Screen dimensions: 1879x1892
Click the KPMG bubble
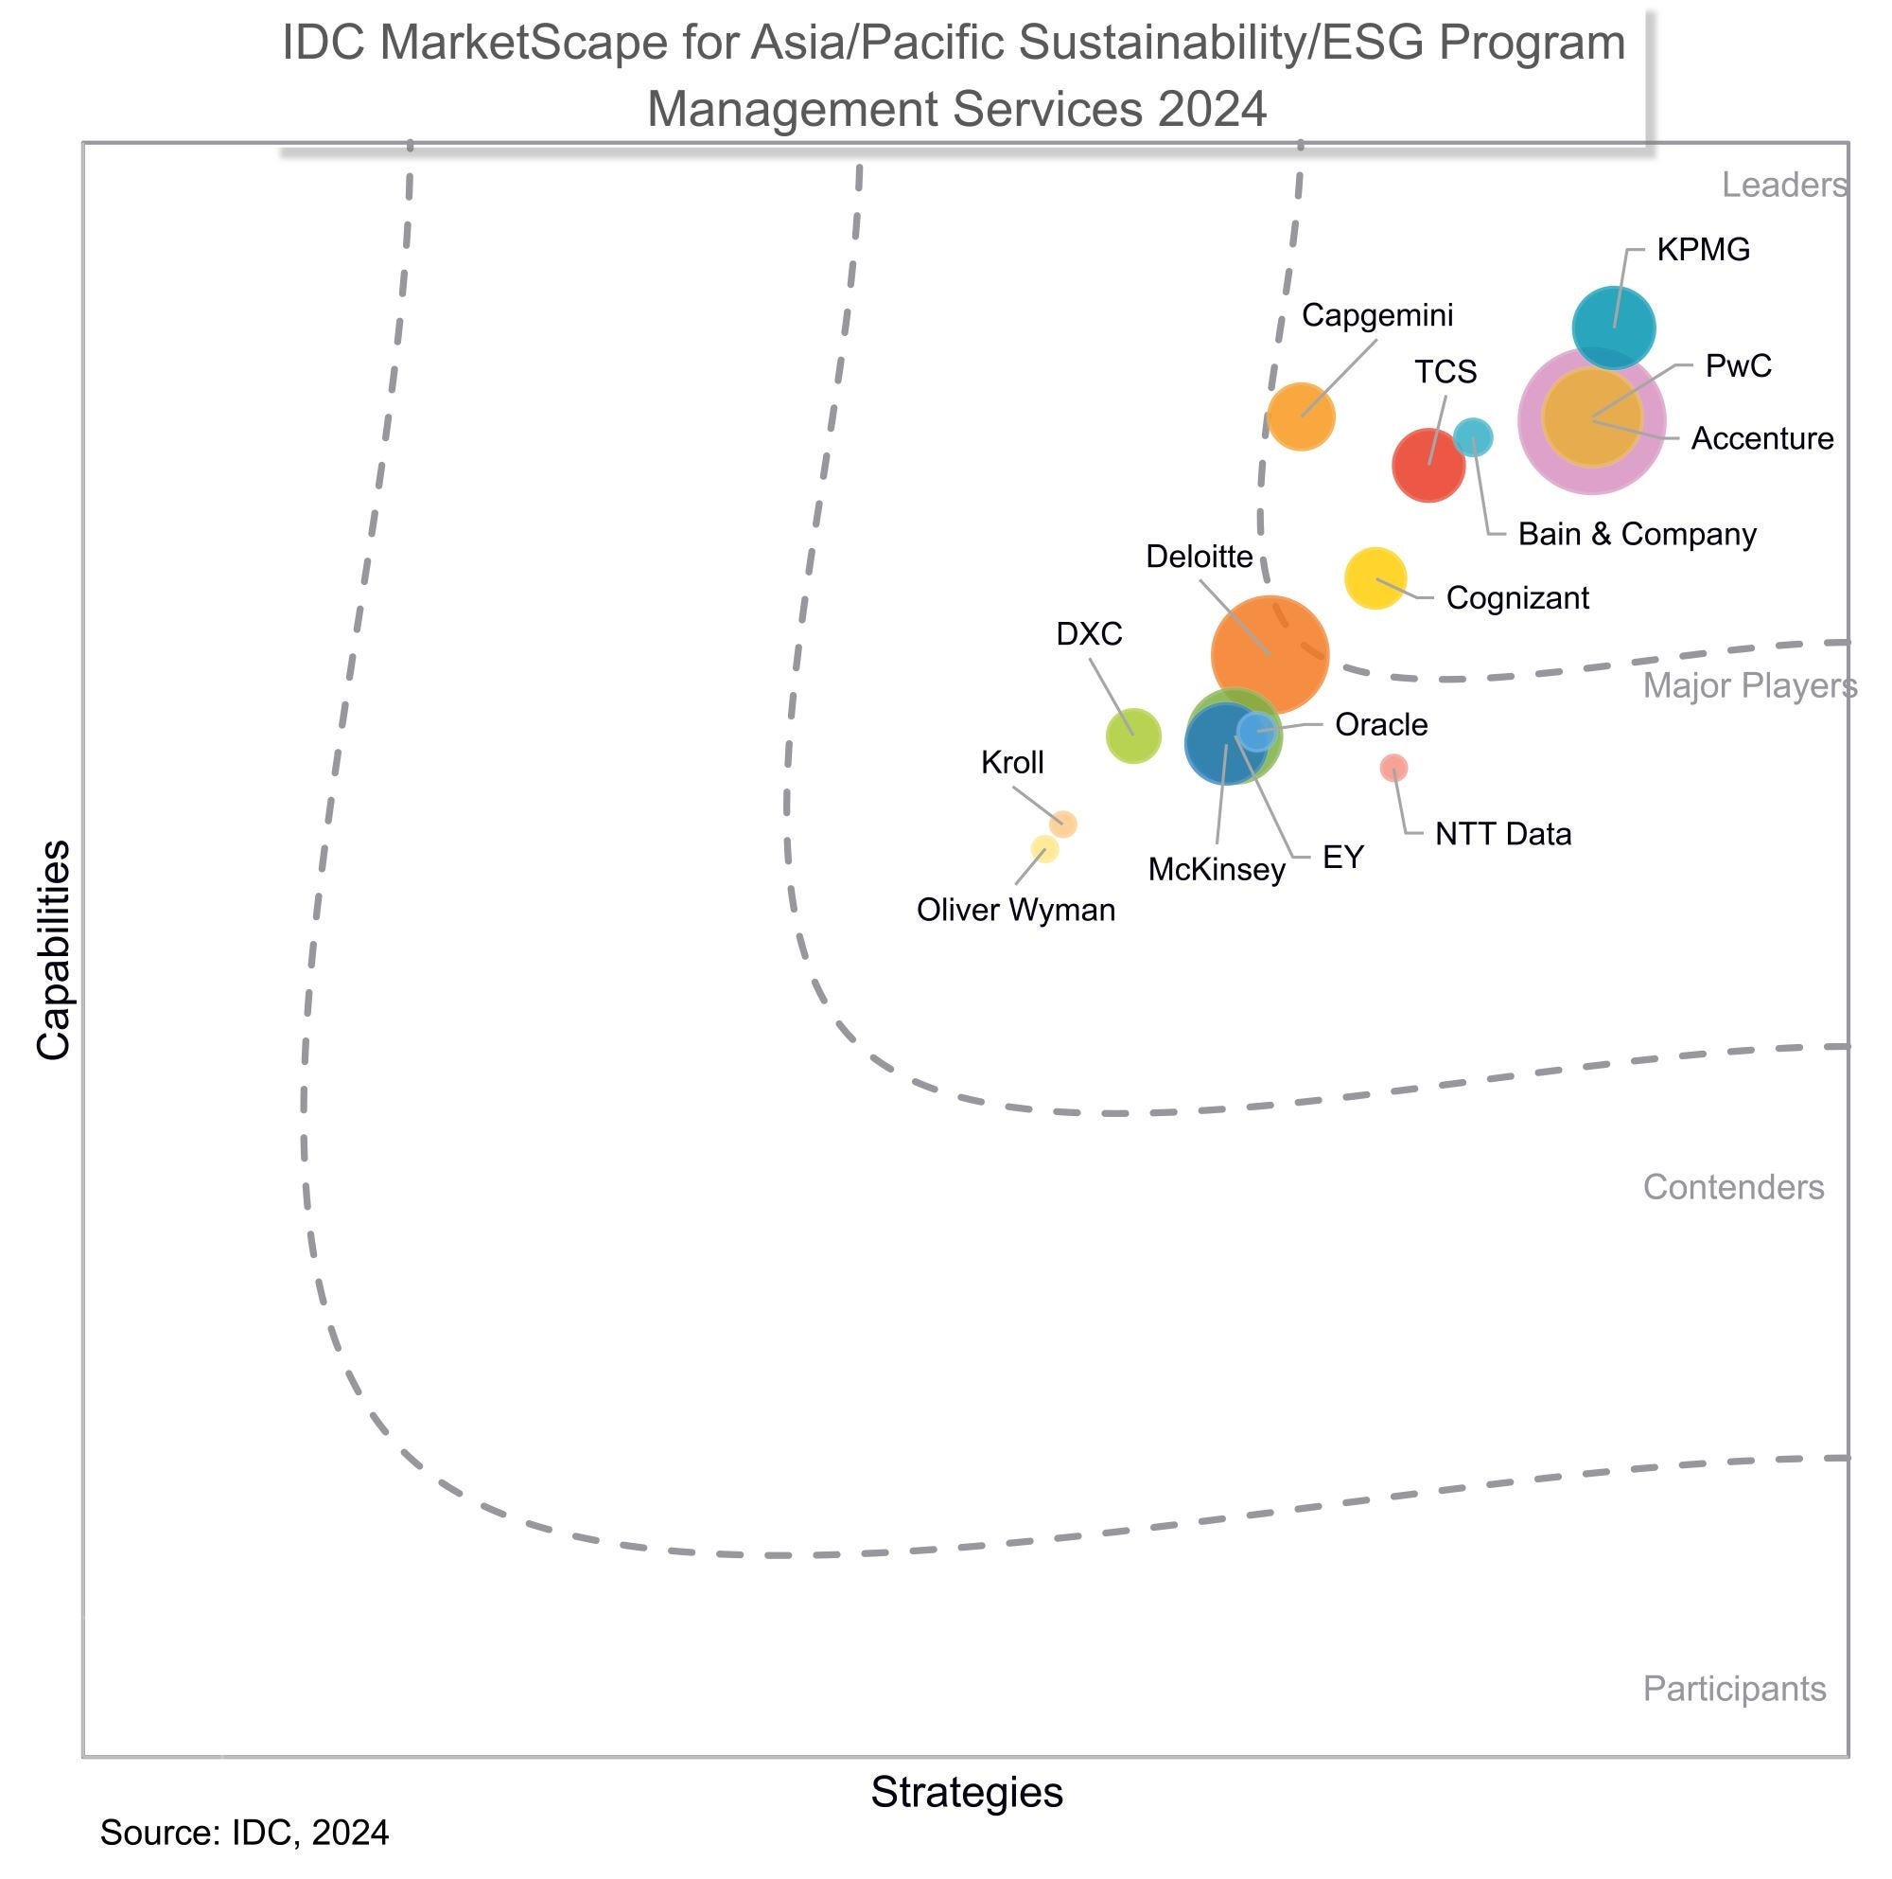tap(1613, 328)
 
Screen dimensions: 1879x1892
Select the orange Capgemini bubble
tap(1301, 417)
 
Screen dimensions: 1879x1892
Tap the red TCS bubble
tap(1428, 466)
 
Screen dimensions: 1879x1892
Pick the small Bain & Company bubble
tap(1472, 437)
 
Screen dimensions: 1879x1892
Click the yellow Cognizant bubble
tap(1375, 578)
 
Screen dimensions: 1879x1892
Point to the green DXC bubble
tap(1133, 735)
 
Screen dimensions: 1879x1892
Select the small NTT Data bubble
tap(1393, 767)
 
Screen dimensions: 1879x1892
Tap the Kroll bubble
tap(1062, 824)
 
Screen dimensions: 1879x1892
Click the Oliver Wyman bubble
tap(1045, 848)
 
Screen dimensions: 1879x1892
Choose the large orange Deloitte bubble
tap(1270, 654)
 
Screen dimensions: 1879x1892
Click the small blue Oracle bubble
tap(1256, 731)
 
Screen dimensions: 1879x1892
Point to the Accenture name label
tap(1761, 438)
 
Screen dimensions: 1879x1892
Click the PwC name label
tap(1737, 365)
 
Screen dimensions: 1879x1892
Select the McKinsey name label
tap(1216, 869)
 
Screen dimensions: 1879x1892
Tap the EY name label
tap(1342, 858)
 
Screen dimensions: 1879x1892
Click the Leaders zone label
tap(1784, 185)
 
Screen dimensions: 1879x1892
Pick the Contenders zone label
tap(1732, 1186)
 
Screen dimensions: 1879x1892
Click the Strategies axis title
tap(967, 1792)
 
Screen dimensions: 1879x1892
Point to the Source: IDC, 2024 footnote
tap(244, 1833)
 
